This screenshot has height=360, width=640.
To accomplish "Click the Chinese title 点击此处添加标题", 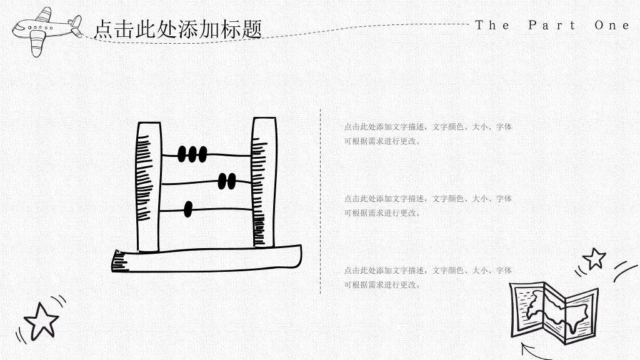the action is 178,29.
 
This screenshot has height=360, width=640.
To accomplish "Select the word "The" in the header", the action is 492,25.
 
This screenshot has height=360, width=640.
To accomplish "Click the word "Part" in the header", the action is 551,25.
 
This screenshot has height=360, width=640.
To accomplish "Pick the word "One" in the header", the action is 612,25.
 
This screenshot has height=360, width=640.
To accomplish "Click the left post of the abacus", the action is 148,187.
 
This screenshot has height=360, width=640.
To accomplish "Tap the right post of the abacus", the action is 264,182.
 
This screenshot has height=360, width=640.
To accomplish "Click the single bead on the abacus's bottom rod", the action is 188,209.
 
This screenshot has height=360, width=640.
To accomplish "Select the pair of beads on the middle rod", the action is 227,181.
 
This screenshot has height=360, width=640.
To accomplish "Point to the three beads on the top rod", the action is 192,154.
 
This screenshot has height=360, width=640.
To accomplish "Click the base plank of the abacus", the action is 206,259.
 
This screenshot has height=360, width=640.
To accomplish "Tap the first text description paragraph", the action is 427,134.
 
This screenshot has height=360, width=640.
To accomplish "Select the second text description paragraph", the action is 427,206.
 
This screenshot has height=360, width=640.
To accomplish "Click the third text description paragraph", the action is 427,277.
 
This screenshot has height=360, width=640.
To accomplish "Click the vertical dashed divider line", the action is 321,201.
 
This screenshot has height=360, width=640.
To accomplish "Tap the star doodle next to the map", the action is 594,259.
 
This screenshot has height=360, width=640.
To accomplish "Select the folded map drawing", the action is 554,312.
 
